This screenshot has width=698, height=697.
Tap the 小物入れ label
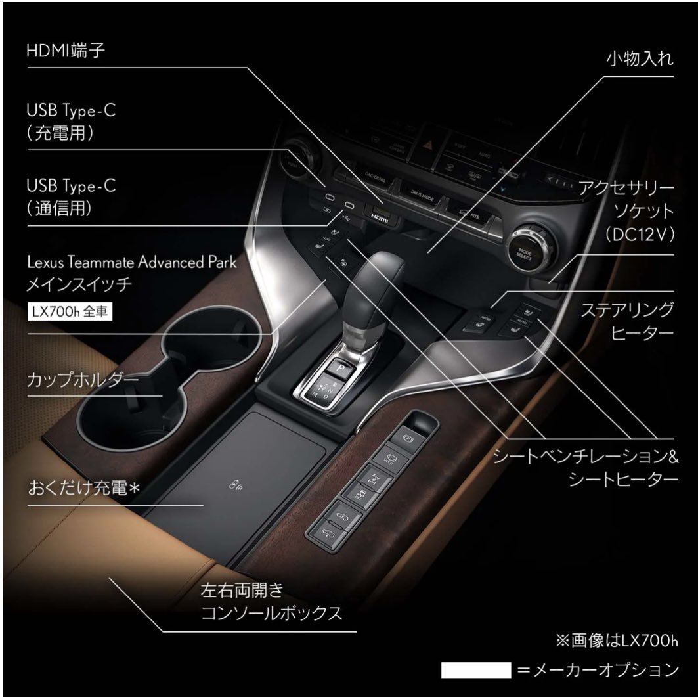(x=630, y=58)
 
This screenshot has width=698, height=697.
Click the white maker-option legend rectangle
(x=476, y=669)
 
